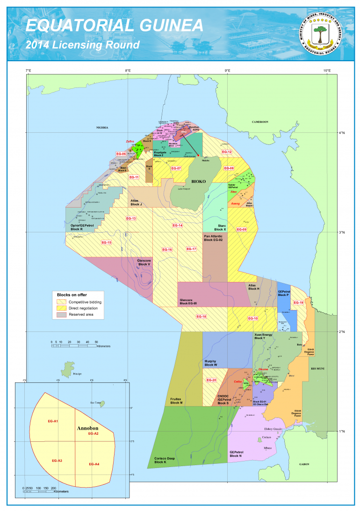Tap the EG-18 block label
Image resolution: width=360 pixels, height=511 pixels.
202,317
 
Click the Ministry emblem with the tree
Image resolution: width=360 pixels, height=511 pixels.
320,32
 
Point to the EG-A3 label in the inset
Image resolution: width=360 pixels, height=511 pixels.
58,461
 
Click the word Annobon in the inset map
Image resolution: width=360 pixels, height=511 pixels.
86,427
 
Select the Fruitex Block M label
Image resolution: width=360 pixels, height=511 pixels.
176,400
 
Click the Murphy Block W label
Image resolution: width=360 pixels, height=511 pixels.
211,363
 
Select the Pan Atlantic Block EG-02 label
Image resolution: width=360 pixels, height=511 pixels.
215,238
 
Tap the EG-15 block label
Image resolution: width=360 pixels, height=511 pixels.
107,242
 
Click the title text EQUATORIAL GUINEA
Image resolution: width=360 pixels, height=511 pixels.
115,25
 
